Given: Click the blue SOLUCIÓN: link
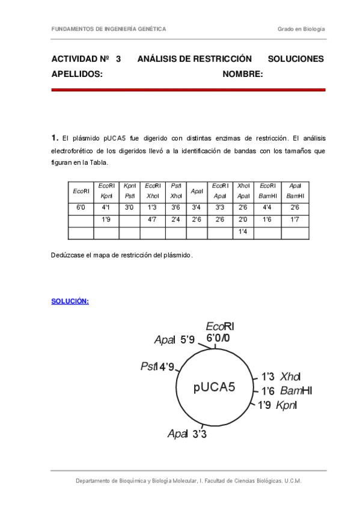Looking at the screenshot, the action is click(70, 301).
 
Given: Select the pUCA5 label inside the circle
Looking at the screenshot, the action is click(215, 386).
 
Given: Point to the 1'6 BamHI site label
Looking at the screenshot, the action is click(286, 391).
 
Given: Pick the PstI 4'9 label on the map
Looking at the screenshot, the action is click(157, 366).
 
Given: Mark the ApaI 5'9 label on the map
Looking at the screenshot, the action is click(174, 340).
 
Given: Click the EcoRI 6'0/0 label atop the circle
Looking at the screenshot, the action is click(219, 333).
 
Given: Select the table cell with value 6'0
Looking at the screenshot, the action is click(81, 207).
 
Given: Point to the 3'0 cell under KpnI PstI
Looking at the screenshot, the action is click(129, 207).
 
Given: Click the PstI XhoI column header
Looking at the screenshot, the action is click(176, 191).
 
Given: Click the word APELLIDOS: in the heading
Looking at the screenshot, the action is click(77, 74).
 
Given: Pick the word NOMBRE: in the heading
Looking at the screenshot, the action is click(243, 74).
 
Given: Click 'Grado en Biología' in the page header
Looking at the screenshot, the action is click(301, 29).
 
